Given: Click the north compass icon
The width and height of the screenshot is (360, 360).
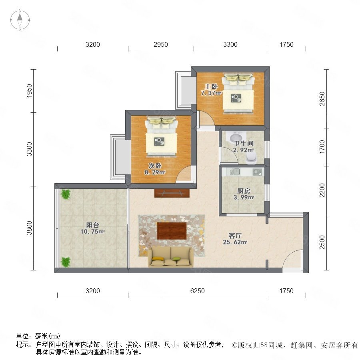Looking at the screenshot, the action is pyautogui.click(x=20, y=20).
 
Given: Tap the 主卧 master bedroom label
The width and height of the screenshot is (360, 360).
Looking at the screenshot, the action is pyautogui.click(x=211, y=86).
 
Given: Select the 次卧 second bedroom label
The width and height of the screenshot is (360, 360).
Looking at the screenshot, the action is pyautogui.click(x=155, y=166).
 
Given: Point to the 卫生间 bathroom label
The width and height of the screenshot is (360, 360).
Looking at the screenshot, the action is pyautogui.click(x=244, y=144).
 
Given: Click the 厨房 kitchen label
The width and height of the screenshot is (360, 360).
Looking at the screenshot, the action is pyautogui.click(x=244, y=191).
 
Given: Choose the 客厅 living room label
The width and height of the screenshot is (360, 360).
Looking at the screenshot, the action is pyautogui.click(x=235, y=236).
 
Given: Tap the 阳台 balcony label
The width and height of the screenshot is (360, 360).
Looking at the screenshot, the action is pyautogui.click(x=92, y=225).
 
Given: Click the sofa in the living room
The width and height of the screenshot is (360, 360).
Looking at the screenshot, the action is pyautogui.click(x=170, y=257).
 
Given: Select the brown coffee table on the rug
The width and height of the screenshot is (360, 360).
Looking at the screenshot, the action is pyautogui.click(x=172, y=231).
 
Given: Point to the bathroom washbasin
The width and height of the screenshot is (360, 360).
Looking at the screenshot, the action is pyautogui.click(x=236, y=137).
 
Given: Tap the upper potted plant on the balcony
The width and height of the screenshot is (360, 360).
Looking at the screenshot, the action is pyautogui.click(x=66, y=194).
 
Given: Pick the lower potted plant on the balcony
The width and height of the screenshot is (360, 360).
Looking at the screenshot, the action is pyautogui.click(x=66, y=262).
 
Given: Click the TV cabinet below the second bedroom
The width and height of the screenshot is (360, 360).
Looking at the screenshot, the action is pyautogui.click(x=172, y=193).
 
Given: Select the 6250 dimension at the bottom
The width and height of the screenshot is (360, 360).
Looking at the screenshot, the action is pyautogui.click(x=198, y=291).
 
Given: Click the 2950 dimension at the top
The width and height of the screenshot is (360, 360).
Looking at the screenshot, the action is pyautogui.click(x=161, y=44).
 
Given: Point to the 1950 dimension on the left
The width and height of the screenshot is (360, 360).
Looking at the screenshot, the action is pyautogui.click(x=29, y=91).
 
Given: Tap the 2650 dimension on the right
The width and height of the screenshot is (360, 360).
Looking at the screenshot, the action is pyautogui.click(x=322, y=99).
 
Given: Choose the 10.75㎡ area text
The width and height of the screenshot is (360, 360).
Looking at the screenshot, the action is pyautogui.click(x=92, y=232).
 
